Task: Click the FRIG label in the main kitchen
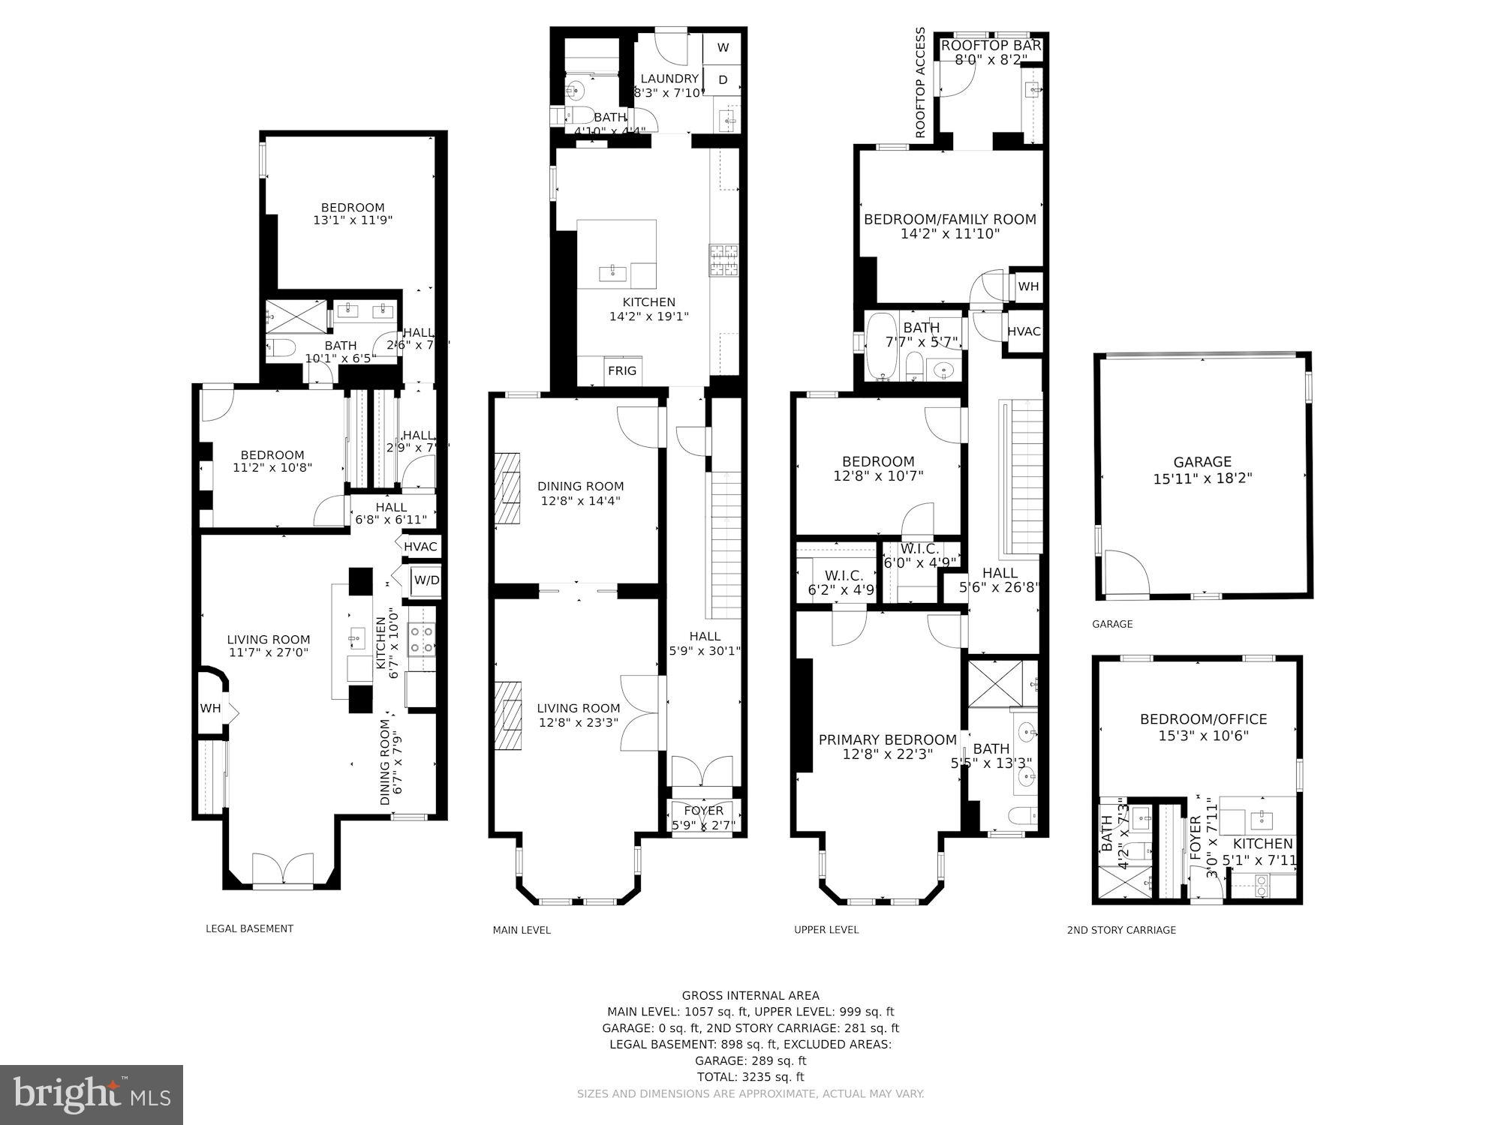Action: [622, 370]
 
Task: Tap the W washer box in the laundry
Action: [723, 48]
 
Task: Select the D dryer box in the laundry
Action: [723, 80]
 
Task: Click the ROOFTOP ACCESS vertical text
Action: [921, 83]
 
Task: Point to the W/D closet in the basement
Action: [426, 580]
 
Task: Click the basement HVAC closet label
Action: [420, 547]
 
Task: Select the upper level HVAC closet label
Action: [1024, 331]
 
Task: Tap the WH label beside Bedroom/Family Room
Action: [1028, 286]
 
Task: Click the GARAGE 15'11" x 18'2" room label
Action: [1202, 470]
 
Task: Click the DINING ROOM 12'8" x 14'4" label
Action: [580, 493]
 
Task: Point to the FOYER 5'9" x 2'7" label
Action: [704, 817]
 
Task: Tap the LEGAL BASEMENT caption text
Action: [249, 928]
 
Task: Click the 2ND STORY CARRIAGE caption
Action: [1121, 930]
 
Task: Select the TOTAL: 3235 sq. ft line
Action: [750, 1076]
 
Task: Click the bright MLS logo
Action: [92, 1094]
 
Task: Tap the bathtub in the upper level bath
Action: [879, 348]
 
